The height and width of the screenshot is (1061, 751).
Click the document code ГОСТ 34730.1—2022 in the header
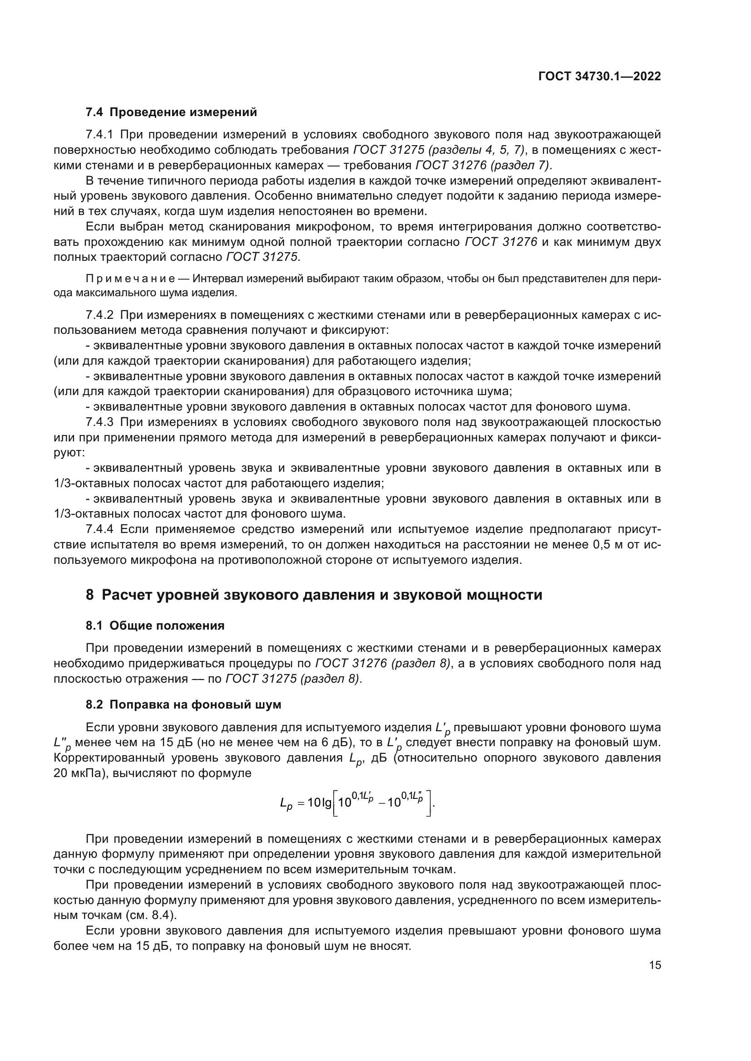click(599, 77)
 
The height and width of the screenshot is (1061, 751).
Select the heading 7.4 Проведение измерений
click(171, 112)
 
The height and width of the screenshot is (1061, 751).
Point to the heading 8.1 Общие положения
click(155, 626)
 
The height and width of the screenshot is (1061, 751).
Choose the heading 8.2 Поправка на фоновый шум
click(183, 705)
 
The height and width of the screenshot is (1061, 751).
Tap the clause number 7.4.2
click(99, 315)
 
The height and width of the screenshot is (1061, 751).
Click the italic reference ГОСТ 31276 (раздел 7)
click(483, 166)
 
